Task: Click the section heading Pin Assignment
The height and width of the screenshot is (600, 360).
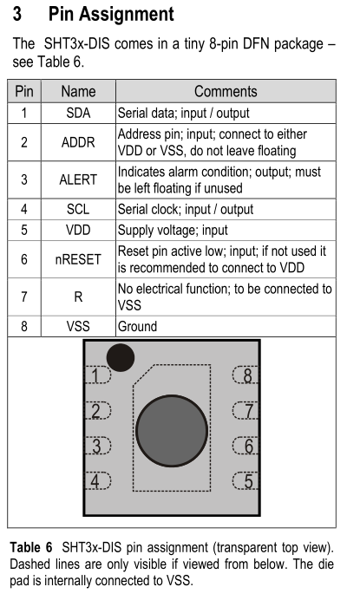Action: point(111,14)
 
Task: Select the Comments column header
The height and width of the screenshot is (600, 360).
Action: point(226,91)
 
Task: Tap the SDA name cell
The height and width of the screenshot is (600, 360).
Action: point(78,113)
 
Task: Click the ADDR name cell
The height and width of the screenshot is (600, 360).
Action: point(78,142)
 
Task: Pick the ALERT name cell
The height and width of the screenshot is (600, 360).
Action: point(78,179)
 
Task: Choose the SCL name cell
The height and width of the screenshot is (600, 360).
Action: point(78,209)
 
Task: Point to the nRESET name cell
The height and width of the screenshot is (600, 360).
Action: point(78,259)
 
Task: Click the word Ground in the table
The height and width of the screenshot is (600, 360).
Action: point(137,326)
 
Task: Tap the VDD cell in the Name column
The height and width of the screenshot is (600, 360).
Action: point(78,230)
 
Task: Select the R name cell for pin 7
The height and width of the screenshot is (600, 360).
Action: point(78,297)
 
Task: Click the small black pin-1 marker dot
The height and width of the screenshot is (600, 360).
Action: point(121,357)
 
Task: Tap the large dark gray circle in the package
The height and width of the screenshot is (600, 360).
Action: point(172,431)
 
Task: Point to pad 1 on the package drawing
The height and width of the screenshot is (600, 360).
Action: point(98,375)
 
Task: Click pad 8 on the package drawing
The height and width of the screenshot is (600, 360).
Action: point(245,375)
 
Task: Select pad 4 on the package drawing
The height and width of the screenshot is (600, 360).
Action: point(98,481)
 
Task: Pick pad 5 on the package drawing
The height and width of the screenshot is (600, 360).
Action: point(245,481)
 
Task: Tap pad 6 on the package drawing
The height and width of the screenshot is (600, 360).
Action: point(245,446)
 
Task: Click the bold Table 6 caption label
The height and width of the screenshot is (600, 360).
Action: point(31,547)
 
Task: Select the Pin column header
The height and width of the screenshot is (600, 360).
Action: point(24,91)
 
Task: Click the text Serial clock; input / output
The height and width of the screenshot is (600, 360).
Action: point(186,209)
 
